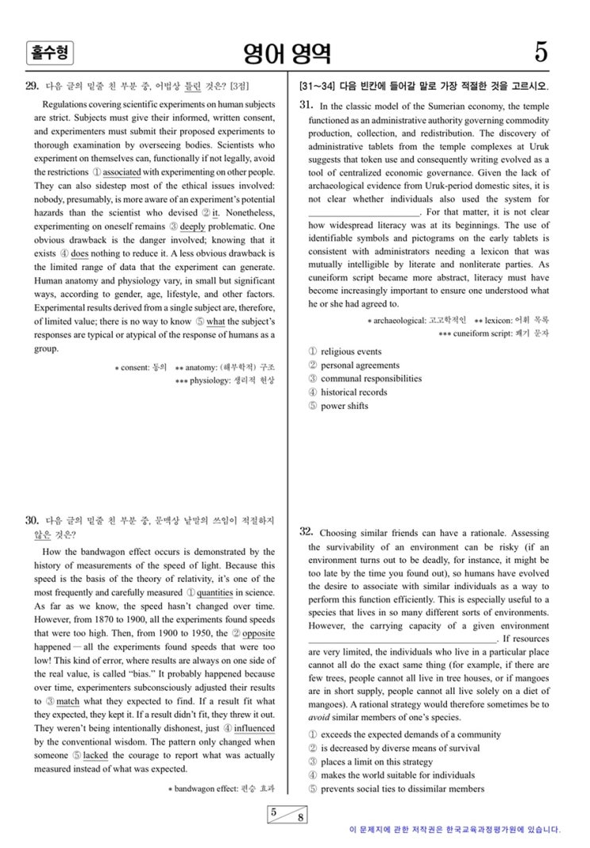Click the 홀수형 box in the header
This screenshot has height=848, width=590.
pos(49,53)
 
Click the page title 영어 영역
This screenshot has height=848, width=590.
pos(288,53)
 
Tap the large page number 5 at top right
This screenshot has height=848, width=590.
pos(541,52)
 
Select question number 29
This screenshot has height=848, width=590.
pos(33,86)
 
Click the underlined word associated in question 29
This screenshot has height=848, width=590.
pos(121,172)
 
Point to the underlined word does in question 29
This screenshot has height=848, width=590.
pos(79,254)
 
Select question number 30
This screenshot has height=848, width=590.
pos(33,521)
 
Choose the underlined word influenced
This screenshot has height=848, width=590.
pos(254,728)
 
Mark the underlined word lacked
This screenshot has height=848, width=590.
pos(94,756)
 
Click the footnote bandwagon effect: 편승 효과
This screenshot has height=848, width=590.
pos(225,789)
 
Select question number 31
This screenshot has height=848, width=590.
pos(307,106)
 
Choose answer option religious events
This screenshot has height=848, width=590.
pos(350,352)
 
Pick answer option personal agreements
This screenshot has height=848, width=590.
pos(360,365)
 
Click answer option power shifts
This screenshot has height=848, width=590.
pos(344,406)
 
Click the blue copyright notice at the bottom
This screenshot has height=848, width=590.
pos(454,830)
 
